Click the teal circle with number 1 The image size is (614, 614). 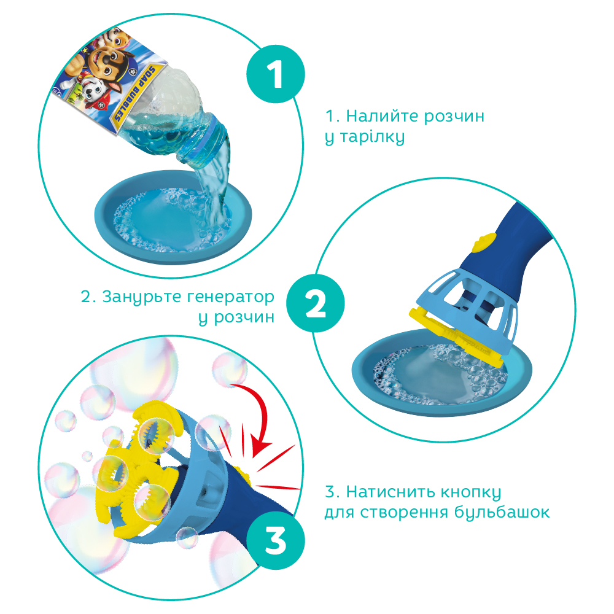click(276, 74)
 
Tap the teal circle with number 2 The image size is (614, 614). click(315, 303)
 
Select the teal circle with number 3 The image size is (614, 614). click(276, 541)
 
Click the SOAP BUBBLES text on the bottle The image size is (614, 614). click(134, 93)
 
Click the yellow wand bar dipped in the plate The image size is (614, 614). click(456, 336)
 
